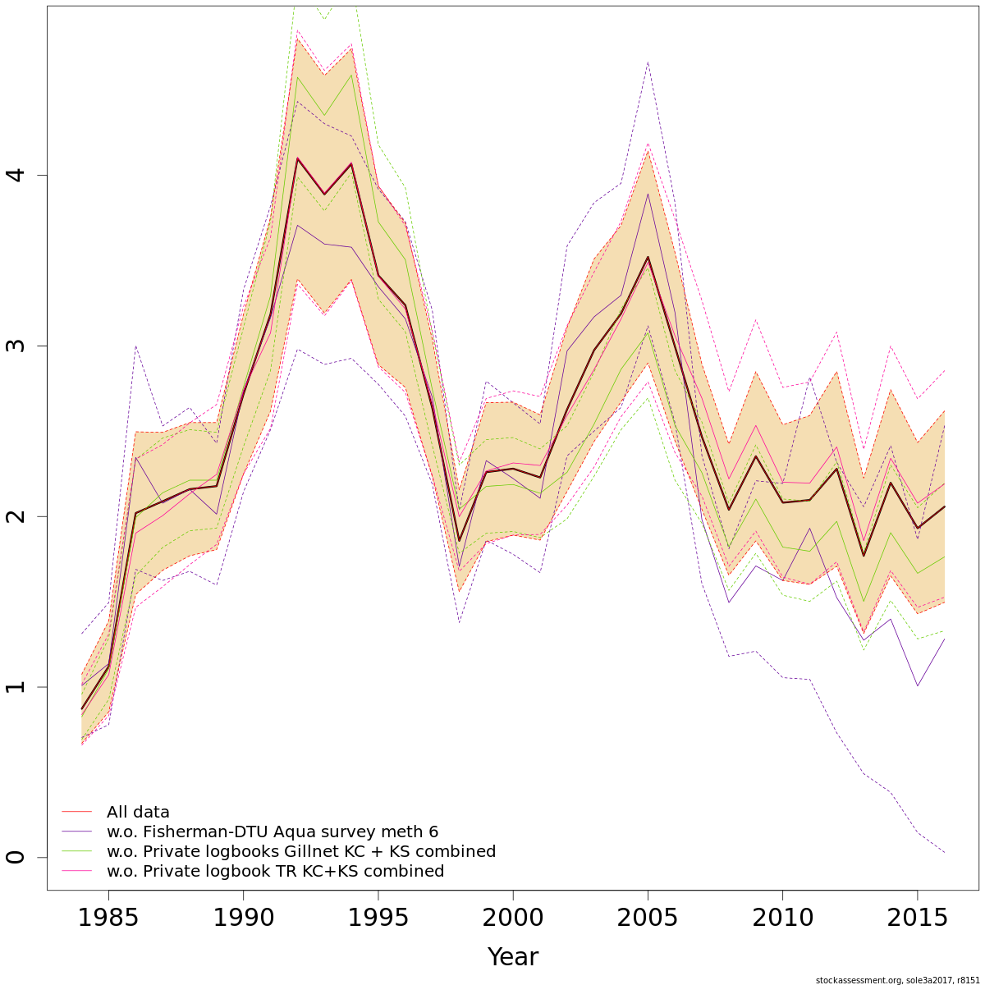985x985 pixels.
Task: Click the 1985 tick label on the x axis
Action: [108, 919]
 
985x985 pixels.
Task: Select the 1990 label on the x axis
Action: [243, 919]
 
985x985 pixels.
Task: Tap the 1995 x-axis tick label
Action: [378, 919]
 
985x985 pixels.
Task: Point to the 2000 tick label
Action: [513, 919]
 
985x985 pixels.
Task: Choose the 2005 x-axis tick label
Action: [648, 919]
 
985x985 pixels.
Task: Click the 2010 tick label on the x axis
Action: [782, 919]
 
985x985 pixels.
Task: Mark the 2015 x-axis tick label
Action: [917, 919]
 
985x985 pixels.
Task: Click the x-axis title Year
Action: [513, 957]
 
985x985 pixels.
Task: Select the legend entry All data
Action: [138, 813]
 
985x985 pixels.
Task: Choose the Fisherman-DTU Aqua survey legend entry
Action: [272, 832]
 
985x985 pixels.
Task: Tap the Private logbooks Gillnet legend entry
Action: [300, 852]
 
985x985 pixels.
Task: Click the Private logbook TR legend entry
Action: [275, 872]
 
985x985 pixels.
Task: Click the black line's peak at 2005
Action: [648, 258]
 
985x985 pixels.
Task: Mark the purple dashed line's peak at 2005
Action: [648, 62]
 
